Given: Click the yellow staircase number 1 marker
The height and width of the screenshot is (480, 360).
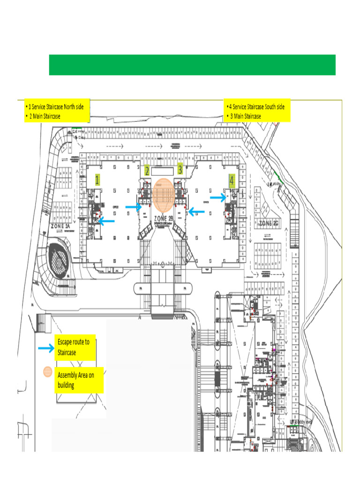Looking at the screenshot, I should [97, 180].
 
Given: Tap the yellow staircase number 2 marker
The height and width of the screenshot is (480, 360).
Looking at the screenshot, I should [147, 171].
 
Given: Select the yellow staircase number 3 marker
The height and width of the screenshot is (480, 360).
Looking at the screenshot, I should [180, 170].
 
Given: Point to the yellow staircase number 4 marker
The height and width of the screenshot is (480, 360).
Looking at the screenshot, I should [232, 179].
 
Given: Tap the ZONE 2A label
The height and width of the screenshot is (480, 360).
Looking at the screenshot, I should [61, 226].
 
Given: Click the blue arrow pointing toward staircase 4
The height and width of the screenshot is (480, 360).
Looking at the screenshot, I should [218, 198].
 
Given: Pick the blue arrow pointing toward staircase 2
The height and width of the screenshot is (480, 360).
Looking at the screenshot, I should [134, 207].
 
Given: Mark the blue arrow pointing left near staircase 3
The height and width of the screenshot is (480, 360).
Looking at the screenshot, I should [196, 212].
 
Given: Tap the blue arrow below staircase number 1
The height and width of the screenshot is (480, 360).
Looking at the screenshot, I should [106, 221].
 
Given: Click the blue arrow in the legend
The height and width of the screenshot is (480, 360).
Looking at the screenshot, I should [46, 348].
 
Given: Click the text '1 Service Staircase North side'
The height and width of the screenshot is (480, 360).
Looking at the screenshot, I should [56, 106].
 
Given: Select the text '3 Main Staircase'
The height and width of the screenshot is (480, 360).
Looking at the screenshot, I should [246, 116].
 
